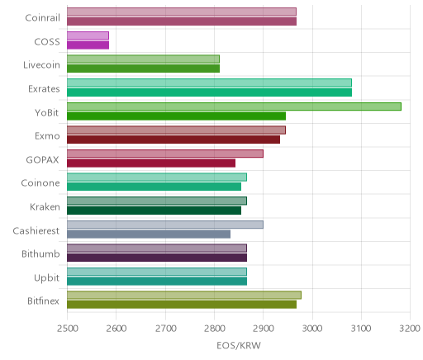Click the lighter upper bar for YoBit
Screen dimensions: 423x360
234,107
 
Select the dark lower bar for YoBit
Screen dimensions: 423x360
176,116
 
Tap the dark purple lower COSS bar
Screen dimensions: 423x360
88,45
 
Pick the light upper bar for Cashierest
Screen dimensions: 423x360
165,225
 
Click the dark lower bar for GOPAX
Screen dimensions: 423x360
151,163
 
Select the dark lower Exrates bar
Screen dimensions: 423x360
209,92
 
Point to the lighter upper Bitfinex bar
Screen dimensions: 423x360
184,295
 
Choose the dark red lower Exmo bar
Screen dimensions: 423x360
173,140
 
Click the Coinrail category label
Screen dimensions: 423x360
42,18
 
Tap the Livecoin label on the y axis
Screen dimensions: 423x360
41,65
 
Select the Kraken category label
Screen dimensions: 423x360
45,206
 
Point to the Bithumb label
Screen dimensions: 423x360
40,253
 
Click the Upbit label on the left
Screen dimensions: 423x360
46,277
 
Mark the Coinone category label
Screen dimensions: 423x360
40,183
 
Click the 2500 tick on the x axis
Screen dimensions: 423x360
68,329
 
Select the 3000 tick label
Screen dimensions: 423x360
312,329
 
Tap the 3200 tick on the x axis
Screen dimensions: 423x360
410,329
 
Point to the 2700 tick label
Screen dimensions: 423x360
165,329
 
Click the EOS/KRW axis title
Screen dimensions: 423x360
239,345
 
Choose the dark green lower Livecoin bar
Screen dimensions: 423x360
143,69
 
